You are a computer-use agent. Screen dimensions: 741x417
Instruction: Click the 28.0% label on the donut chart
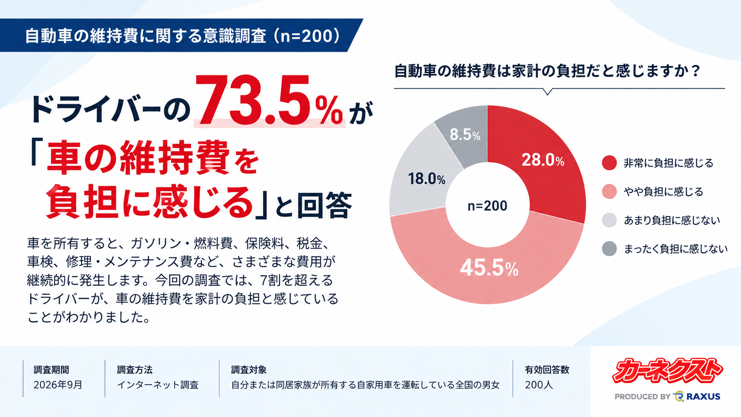tap(543, 160)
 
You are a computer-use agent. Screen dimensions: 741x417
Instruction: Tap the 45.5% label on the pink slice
tap(489, 268)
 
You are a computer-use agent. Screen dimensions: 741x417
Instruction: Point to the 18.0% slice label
tap(427, 179)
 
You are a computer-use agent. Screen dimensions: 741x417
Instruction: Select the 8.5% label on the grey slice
tap(465, 135)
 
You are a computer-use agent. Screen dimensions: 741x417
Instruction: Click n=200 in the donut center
tap(487, 206)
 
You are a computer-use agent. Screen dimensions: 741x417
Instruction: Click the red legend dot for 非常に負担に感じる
tap(609, 163)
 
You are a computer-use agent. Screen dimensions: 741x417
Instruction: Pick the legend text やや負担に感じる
tap(663, 191)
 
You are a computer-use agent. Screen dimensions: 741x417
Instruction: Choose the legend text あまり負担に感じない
tap(672, 220)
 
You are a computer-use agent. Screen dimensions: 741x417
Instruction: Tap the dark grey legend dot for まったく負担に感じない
tap(609, 249)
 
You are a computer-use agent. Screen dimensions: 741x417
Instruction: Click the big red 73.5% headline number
tap(269, 101)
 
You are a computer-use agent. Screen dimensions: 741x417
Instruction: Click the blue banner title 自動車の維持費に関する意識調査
tap(145, 36)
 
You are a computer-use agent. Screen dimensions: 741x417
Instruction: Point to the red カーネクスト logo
tap(667, 370)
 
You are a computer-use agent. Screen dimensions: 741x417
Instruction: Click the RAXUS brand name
tap(703, 396)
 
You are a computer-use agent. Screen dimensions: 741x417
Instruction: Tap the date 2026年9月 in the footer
tap(58, 385)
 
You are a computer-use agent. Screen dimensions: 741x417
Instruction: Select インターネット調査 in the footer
tap(158, 385)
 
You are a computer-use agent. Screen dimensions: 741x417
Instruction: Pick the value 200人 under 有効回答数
tap(538, 385)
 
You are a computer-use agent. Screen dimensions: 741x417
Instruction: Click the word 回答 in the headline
tap(324, 205)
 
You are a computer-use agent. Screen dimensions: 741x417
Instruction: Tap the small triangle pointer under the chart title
tap(547, 92)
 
